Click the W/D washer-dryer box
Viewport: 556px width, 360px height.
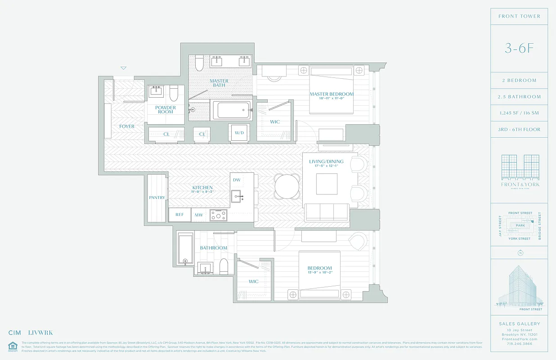(x=239, y=133)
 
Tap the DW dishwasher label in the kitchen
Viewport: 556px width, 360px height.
(x=237, y=180)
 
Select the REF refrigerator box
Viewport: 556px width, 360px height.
(x=179, y=215)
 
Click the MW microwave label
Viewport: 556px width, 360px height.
(x=199, y=215)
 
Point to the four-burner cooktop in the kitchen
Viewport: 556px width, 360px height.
(x=219, y=215)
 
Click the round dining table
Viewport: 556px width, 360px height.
(x=287, y=186)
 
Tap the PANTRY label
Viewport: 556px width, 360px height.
(x=157, y=198)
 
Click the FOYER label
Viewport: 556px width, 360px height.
(x=127, y=126)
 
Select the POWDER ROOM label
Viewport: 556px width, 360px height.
(x=166, y=110)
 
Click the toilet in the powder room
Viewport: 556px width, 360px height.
(x=174, y=93)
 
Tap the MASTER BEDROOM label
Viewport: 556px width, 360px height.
(x=332, y=94)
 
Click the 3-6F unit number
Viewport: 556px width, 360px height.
(x=519, y=49)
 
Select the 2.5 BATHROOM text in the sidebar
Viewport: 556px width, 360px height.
(x=519, y=97)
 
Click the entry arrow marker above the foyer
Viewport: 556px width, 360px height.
(x=123, y=68)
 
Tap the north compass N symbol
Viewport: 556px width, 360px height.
(x=520, y=253)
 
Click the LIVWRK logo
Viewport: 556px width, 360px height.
(x=40, y=333)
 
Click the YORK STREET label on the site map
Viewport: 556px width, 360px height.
(x=520, y=238)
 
